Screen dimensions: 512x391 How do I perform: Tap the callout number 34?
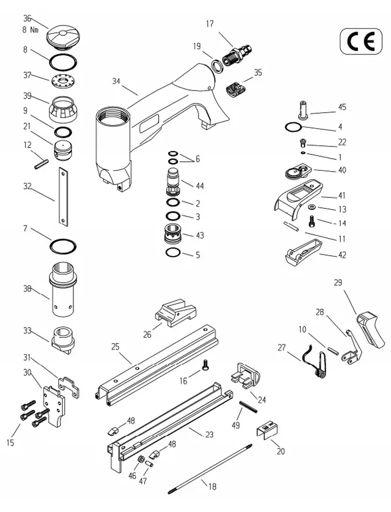coord(117,81)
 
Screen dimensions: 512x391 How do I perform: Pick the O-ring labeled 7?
coord(63,245)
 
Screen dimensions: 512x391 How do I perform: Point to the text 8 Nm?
coord(31,29)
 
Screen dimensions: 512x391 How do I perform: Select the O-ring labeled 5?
coord(173,253)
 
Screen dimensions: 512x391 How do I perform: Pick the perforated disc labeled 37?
coord(63,81)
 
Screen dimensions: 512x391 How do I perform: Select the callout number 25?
coord(115,346)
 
